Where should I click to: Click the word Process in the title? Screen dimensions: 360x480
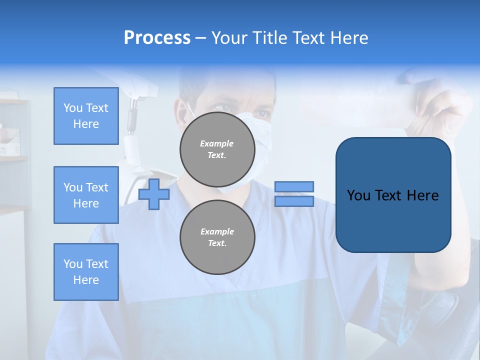click(157, 38)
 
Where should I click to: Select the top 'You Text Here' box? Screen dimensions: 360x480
click(86, 116)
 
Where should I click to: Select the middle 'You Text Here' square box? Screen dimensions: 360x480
click(86, 195)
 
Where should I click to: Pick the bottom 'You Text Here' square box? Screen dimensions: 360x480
click(86, 272)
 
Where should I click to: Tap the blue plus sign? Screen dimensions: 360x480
click(154, 194)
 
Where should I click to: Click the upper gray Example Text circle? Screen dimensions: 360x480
click(217, 149)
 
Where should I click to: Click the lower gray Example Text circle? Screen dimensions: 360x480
click(217, 237)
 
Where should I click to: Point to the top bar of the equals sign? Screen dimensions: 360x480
click(294, 186)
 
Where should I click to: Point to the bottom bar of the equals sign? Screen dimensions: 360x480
click(294, 201)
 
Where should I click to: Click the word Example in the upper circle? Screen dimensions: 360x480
click(216, 143)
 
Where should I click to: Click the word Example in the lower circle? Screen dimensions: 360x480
click(217, 231)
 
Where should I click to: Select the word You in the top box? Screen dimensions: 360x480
click(72, 108)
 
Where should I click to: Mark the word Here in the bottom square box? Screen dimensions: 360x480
click(86, 280)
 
